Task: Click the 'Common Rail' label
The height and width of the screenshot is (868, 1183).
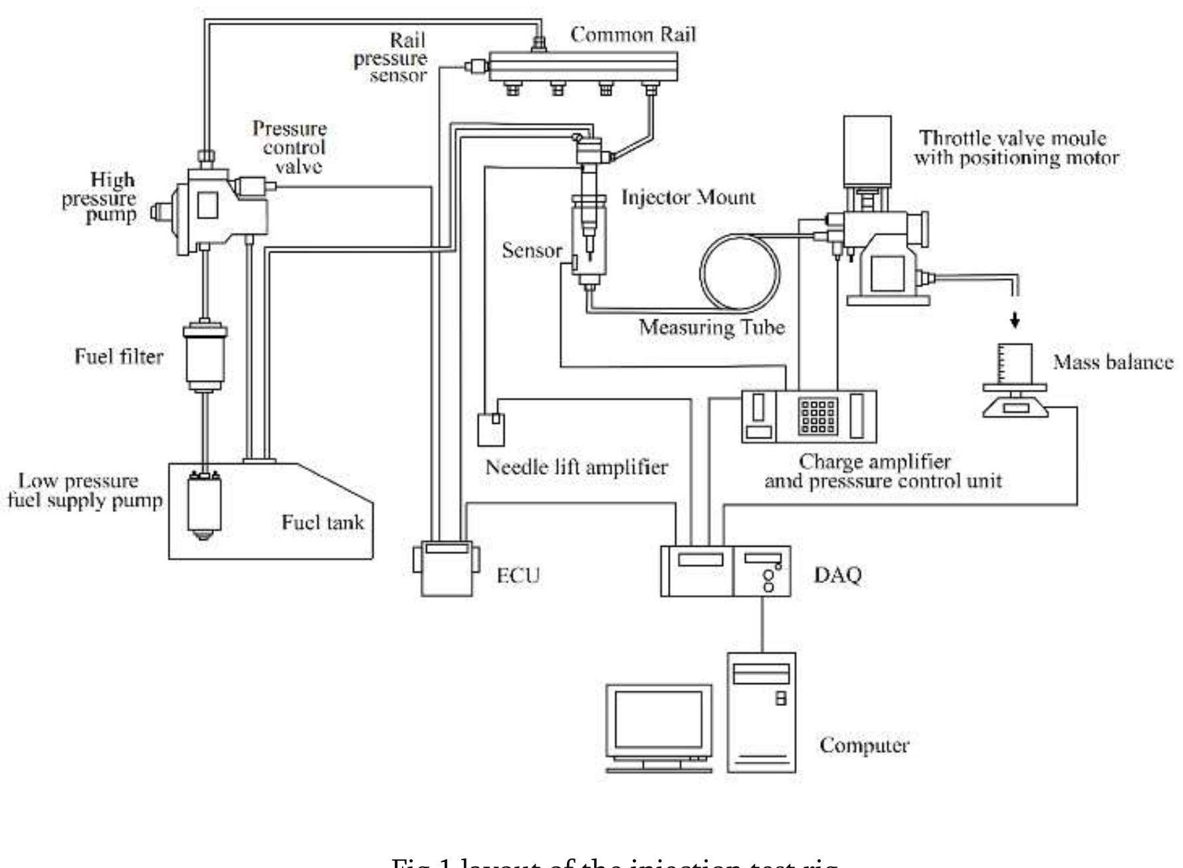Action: pos(633,35)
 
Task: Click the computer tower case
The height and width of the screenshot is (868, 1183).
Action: pos(762,712)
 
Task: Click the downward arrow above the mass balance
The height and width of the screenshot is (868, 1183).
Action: pos(1014,322)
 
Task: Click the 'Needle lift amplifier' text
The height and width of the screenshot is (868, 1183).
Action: pos(576,468)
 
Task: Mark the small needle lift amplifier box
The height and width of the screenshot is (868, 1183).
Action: pos(491,429)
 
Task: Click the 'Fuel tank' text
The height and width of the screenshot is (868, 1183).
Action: pos(322,523)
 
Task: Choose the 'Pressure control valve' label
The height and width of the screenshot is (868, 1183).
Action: pos(290,147)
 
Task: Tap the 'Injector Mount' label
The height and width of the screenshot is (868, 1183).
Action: pos(689,197)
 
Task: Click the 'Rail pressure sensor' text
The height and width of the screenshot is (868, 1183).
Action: pos(399,58)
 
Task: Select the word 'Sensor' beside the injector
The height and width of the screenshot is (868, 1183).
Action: pos(532,251)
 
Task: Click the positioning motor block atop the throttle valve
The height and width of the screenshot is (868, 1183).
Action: pos(867,150)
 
